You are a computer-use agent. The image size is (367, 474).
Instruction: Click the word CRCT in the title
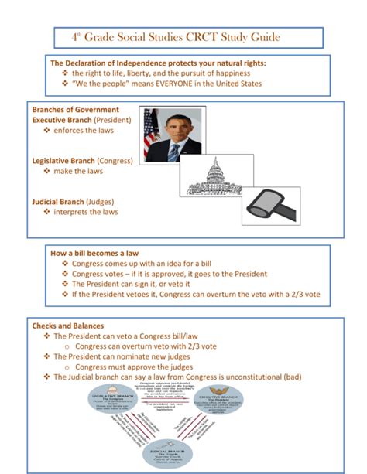(x=211, y=37)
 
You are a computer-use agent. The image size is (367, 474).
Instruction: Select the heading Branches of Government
(x=75, y=110)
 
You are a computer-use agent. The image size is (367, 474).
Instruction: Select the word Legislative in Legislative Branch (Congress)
(x=55, y=161)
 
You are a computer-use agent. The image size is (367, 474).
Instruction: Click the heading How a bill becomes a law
(x=94, y=253)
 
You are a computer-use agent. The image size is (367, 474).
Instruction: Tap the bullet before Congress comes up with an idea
(x=65, y=264)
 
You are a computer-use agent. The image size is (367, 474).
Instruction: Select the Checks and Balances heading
(x=67, y=326)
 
